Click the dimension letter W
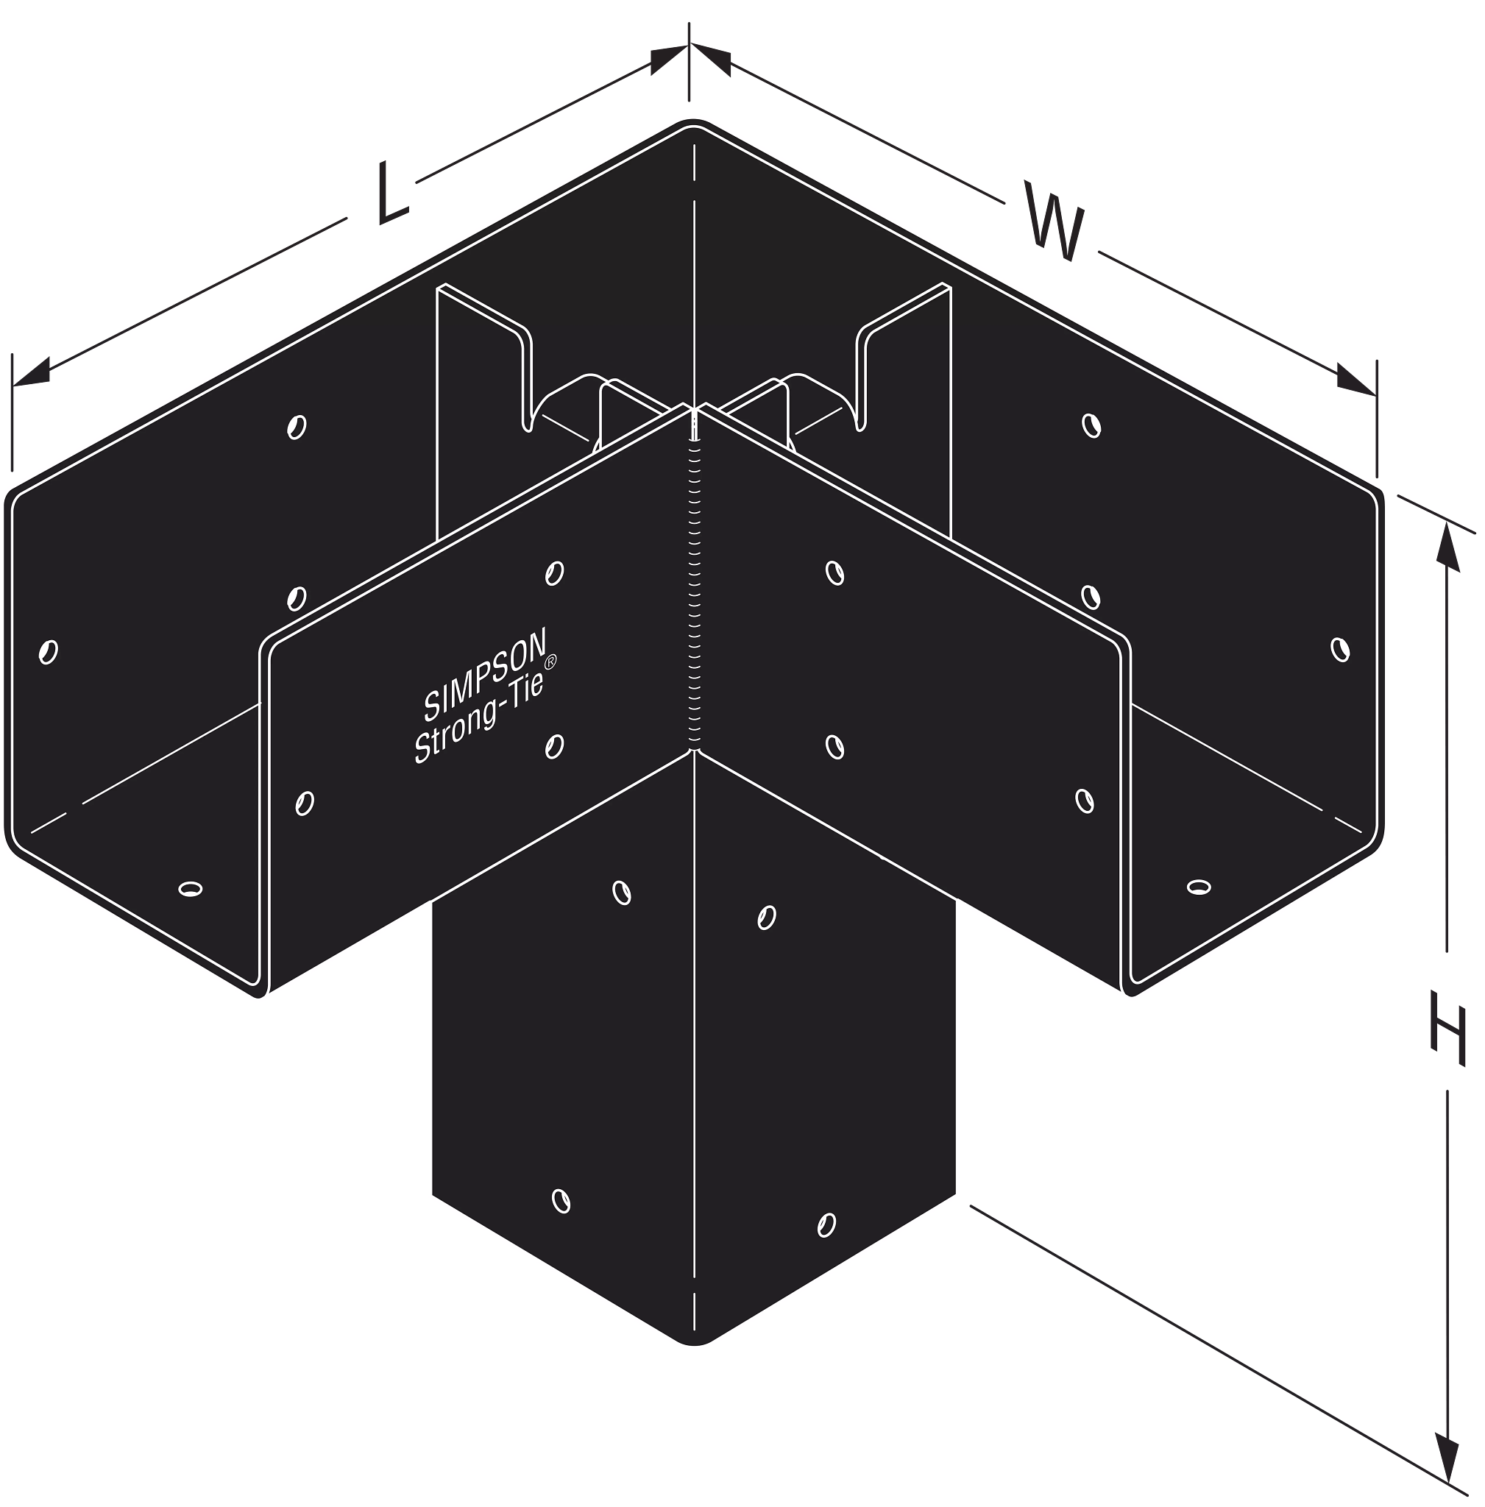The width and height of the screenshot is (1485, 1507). [x=1054, y=221]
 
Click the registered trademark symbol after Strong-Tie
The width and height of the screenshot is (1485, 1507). [x=550, y=662]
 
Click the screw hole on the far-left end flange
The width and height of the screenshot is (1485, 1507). [x=49, y=651]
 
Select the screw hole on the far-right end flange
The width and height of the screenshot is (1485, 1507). [x=1340, y=649]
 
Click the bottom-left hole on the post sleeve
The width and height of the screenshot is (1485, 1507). [x=561, y=1201]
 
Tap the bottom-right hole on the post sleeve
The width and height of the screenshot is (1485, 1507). [x=826, y=1224]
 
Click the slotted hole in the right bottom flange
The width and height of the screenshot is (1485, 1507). [x=1199, y=886]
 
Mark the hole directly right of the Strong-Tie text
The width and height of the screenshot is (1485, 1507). [x=555, y=746]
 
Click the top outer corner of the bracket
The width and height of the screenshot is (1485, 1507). [x=691, y=121]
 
